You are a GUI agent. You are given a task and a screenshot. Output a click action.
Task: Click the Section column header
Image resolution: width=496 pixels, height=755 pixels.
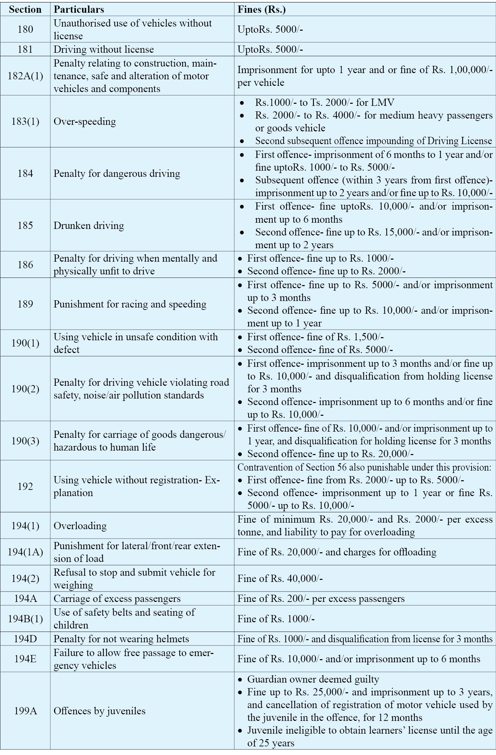point(25,10)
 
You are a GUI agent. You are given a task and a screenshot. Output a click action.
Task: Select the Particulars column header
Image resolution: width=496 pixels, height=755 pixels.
point(79,10)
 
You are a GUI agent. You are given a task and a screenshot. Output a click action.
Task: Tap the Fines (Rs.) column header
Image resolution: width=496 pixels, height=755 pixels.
point(262,10)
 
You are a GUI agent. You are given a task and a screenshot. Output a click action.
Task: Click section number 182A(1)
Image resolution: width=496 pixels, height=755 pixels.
point(25,76)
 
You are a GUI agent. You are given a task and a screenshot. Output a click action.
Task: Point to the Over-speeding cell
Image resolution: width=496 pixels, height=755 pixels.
point(85,121)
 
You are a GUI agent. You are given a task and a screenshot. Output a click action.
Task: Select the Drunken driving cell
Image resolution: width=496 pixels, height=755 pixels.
point(89,225)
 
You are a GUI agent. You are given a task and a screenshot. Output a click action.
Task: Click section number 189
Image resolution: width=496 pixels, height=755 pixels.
point(25,304)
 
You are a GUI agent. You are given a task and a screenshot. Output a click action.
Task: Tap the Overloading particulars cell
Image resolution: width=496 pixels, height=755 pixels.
point(80,525)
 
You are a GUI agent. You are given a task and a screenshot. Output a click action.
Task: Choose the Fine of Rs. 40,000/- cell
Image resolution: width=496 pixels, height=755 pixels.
point(280,578)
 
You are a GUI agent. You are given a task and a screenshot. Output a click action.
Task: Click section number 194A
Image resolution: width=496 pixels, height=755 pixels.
point(25,598)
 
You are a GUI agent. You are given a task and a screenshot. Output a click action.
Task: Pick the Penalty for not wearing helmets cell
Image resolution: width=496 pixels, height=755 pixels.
point(121,639)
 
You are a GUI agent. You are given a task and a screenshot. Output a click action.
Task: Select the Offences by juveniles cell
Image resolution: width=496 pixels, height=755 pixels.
point(99,711)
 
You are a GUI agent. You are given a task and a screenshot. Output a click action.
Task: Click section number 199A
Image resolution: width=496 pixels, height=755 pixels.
point(25,711)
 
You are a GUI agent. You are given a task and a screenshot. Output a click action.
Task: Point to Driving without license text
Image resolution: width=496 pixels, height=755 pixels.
point(103,49)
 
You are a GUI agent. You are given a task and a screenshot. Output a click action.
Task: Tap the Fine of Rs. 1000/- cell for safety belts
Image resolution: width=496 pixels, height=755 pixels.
point(276,619)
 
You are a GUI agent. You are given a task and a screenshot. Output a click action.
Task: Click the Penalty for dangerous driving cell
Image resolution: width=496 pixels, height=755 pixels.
point(117,173)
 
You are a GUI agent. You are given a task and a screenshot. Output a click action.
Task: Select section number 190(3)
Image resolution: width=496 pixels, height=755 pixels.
point(25,441)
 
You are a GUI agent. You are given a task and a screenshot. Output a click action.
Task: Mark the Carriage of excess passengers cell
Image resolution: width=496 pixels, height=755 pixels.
point(117,598)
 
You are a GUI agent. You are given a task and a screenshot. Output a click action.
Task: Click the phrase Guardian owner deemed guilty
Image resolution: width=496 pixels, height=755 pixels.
point(313,679)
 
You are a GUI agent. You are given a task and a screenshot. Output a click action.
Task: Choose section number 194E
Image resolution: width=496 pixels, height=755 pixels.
point(25,659)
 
